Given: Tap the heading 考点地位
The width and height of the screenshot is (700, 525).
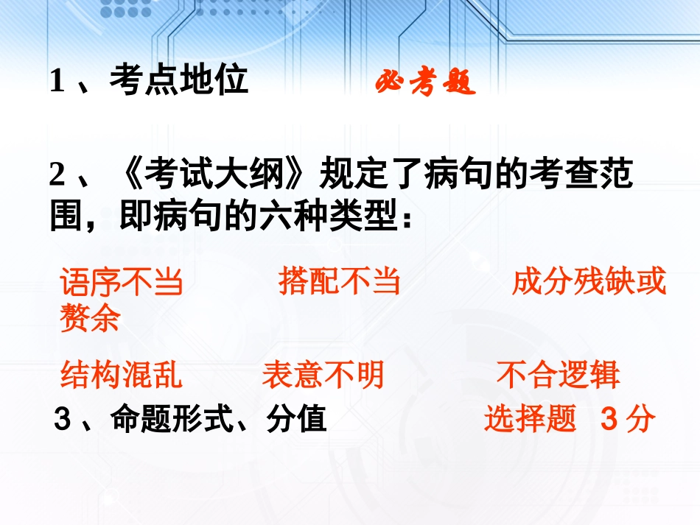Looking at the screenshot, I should [178, 80].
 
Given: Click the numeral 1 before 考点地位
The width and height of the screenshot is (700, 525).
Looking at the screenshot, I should [57, 81].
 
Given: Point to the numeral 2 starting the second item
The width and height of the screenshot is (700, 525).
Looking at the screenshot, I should [58, 177].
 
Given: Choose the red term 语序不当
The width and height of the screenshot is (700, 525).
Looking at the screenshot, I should [121, 283].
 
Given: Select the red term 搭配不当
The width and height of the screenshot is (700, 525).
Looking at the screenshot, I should [339, 281].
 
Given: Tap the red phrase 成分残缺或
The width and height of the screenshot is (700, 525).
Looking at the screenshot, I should [588, 281].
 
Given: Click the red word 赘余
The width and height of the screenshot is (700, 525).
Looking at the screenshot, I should [90, 318].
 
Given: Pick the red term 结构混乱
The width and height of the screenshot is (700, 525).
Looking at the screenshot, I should [121, 375].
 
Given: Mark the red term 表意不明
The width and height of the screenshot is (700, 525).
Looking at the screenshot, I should [323, 375].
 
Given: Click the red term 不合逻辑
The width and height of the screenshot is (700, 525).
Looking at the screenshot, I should [558, 375].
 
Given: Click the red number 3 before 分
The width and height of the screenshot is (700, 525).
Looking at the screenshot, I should [608, 419].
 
